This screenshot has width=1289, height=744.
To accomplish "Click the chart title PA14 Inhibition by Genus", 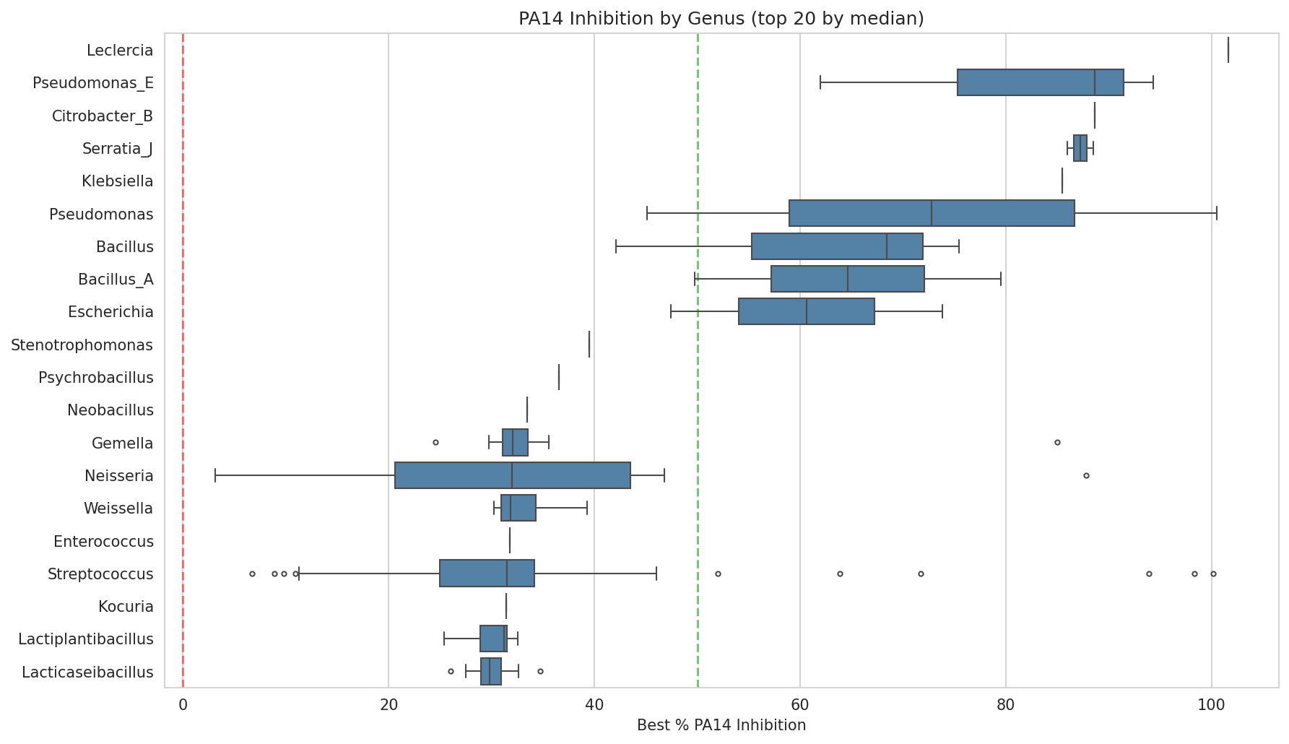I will (x=721, y=19).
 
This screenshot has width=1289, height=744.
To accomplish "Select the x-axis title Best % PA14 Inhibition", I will (x=721, y=725).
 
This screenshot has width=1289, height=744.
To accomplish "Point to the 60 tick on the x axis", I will (x=800, y=705).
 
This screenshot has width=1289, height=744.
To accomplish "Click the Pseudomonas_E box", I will (x=1040, y=82).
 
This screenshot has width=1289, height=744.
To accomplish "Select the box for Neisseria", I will (x=513, y=475).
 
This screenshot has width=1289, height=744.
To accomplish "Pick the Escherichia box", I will (x=806, y=311).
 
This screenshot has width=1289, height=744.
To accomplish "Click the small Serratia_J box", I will (x=1080, y=148).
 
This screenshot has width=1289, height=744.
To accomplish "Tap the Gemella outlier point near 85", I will (x=1057, y=442).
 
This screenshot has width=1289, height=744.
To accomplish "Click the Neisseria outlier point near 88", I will (x=1086, y=475).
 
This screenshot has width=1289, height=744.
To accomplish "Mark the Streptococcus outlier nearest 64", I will (x=840, y=574).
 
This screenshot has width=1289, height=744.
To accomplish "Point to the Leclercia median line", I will (x=1228, y=50).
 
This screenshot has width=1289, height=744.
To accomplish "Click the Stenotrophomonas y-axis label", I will (x=82, y=345).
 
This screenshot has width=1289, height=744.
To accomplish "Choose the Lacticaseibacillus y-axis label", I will (x=87, y=672).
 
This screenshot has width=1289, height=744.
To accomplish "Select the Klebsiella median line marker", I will (x=1062, y=181).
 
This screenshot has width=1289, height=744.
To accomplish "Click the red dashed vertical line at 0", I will (x=183, y=361).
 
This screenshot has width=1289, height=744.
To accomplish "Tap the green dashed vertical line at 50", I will (x=698, y=361).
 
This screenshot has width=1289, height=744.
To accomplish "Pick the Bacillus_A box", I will (x=847, y=279).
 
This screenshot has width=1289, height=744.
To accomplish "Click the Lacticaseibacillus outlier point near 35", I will (x=540, y=671).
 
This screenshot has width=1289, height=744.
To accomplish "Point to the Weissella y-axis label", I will (x=118, y=509).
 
